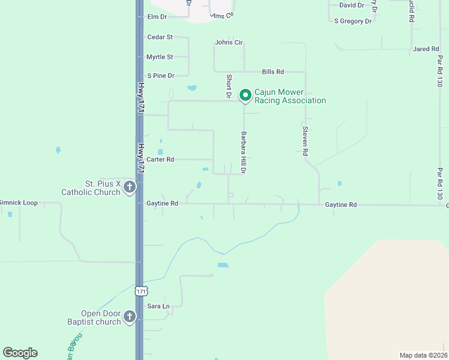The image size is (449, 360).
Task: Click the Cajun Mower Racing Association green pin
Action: click(x=245, y=95)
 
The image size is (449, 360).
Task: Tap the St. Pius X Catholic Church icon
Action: click(x=129, y=188)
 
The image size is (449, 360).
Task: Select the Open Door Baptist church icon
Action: click(x=129, y=316)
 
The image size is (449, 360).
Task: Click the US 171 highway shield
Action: click(x=140, y=291)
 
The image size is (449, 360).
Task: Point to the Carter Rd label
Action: click(x=160, y=160)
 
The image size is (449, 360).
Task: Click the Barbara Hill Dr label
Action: click(x=244, y=153)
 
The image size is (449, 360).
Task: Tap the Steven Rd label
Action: click(x=305, y=142)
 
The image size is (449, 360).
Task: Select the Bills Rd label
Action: click(x=273, y=72)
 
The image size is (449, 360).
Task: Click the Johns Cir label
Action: click(x=229, y=43)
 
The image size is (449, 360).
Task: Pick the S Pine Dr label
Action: click(x=160, y=76)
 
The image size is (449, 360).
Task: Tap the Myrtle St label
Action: click(x=160, y=57)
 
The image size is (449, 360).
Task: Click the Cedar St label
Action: click(x=160, y=37)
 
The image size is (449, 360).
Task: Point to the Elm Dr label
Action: click(x=157, y=17)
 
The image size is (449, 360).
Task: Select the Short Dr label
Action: click(x=229, y=86)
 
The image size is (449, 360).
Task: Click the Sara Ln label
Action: click(x=158, y=306)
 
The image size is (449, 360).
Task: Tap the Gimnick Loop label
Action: click(x=18, y=203)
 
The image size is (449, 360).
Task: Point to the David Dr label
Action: click(x=352, y=5)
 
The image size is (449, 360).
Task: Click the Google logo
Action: click(x=20, y=353)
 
